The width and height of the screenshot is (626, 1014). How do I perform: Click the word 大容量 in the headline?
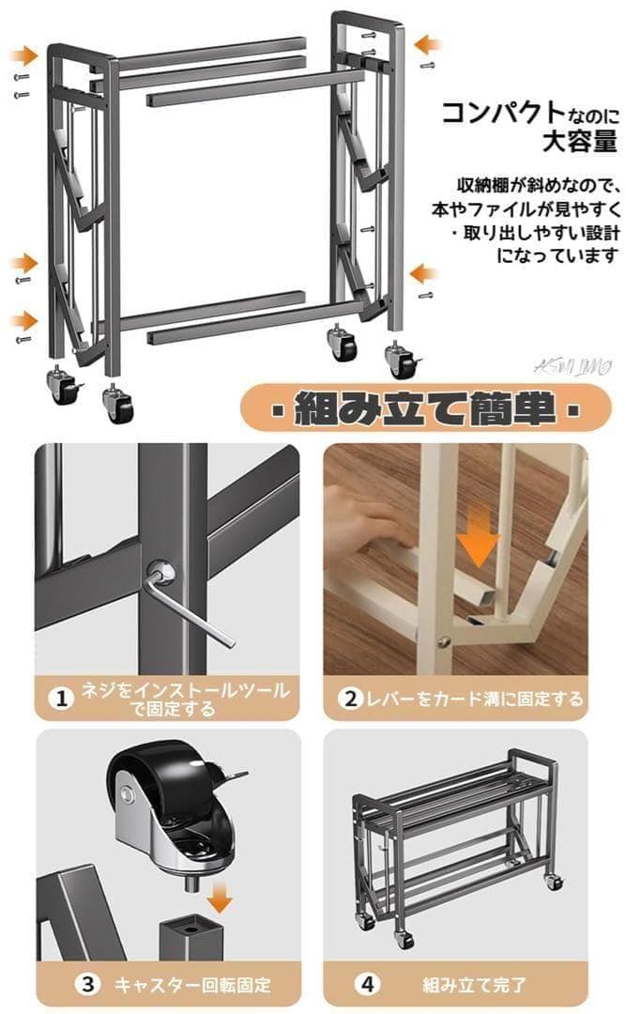point(579,142)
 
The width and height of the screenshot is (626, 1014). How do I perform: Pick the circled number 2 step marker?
point(350,699)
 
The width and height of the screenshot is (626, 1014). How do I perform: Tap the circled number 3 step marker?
point(87,984)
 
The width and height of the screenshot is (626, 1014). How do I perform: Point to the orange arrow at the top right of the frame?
point(428,44)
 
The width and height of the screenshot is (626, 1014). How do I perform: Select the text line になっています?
point(558,254)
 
